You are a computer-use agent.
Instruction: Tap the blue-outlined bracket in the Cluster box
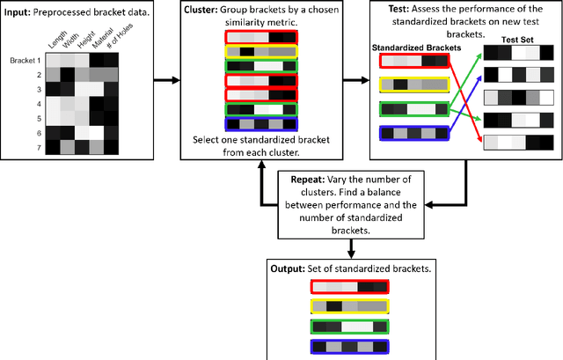click(x=260, y=124)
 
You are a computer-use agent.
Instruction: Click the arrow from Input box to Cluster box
click(x=165, y=83)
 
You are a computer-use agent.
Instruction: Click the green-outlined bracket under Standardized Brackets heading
click(x=413, y=109)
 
